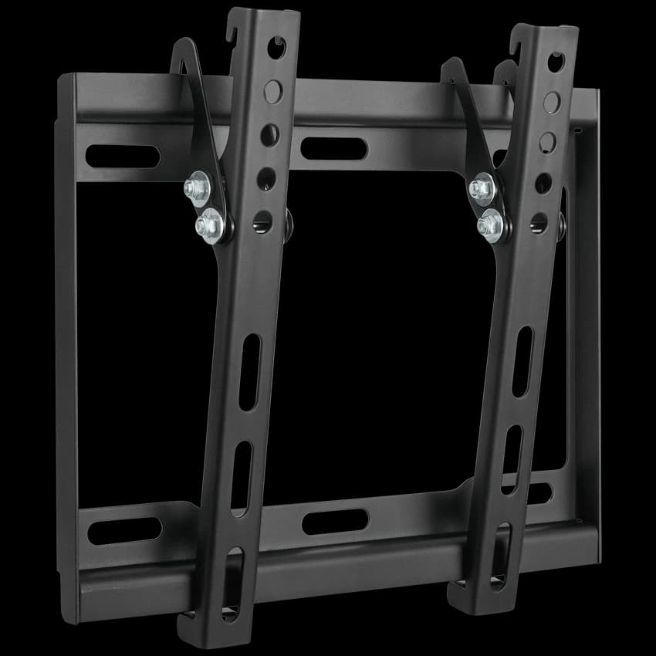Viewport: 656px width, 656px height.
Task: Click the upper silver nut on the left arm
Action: (x=195, y=188)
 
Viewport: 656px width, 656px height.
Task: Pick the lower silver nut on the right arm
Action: (x=490, y=225)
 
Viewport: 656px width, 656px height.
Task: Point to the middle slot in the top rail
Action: (x=333, y=148)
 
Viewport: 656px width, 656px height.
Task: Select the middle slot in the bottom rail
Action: (x=334, y=522)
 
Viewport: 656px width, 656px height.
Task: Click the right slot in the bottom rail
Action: (x=538, y=493)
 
